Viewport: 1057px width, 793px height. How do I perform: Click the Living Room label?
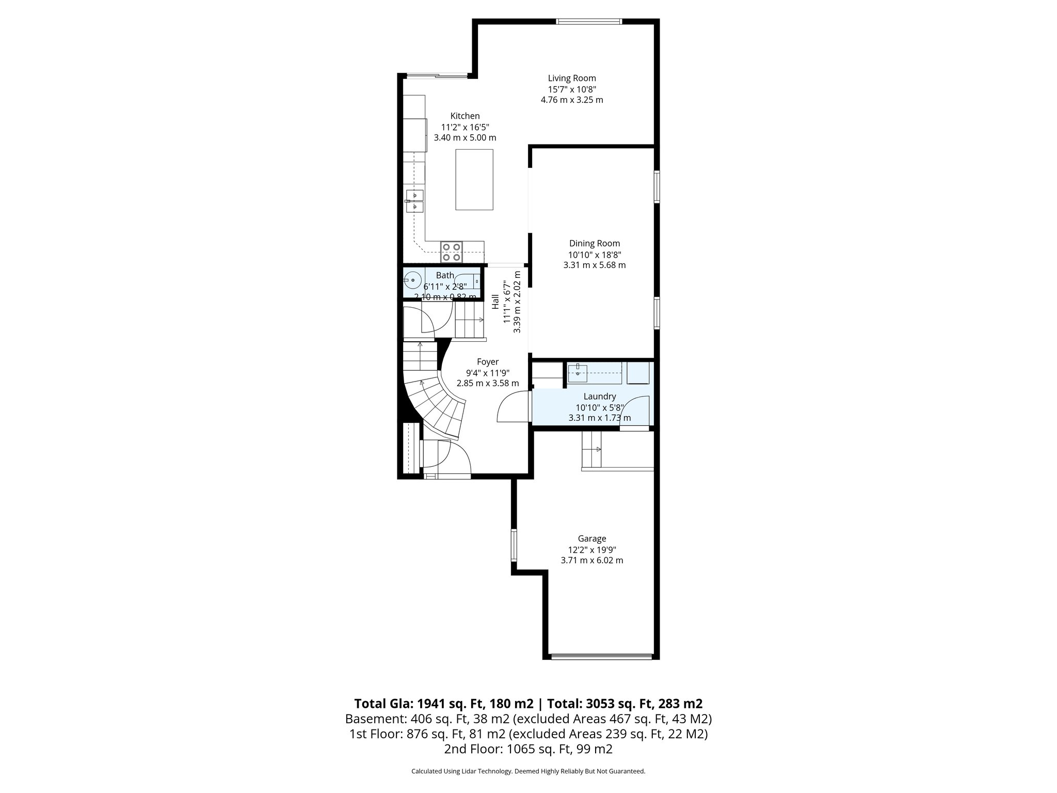point(572,78)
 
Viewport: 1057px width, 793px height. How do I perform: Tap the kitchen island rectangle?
point(474,179)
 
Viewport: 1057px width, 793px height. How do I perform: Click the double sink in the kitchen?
point(414,201)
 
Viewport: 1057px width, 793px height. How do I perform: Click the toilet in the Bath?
point(470,281)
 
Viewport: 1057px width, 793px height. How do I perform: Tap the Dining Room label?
point(595,243)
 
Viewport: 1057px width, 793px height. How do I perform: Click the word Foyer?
point(487,362)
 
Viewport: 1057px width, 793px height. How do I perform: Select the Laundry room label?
point(600,396)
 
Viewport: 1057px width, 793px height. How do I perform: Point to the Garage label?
point(592,538)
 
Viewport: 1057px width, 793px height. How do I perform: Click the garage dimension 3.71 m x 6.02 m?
point(592,560)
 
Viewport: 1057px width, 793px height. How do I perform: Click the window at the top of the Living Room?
point(589,22)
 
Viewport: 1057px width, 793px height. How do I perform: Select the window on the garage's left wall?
point(514,545)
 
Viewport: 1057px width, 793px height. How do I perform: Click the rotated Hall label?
point(495,302)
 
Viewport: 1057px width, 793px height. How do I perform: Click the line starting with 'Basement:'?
point(528,719)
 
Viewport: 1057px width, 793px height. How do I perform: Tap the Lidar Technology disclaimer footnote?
point(528,771)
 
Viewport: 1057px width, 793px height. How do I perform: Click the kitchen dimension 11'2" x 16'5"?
point(465,127)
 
